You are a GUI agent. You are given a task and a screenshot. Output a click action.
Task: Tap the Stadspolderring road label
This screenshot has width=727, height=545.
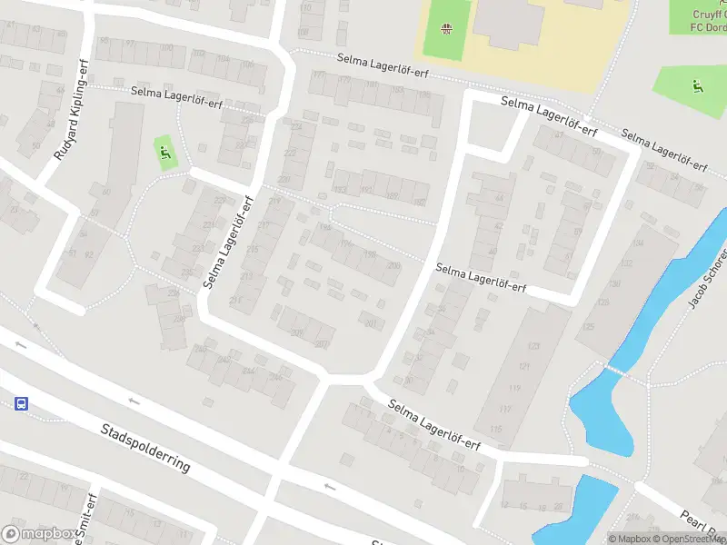pyautogui.click(x=146, y=446)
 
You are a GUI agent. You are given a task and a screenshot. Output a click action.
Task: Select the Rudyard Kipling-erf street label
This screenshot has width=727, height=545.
pyautogui.click(x=74, y=120)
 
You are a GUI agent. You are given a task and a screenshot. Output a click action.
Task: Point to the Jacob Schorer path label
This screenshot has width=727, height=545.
pyautogui.click(x=708, y=276)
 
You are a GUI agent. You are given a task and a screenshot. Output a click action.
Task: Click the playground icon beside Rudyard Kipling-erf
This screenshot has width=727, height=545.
pyautogui.click(x=164, y=153)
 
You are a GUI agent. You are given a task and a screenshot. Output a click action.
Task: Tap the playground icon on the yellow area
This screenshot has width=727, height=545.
pyautogui.click(x=446, y=31)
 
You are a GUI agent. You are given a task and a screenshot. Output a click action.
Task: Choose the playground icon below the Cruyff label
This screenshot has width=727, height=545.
pyautogui.click(x=697, y=87)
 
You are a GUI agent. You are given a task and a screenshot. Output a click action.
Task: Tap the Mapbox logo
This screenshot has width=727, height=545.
pyautogui.click(x=39, y=534)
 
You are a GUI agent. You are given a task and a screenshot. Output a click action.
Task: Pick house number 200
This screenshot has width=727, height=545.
pyautogui.click(x=393, y=265)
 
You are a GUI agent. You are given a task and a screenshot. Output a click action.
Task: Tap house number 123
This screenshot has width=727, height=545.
pyautogui.click(x=533, y=346)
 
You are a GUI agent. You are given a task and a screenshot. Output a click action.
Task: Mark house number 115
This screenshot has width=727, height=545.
pyautogui.click(x=495, y=429)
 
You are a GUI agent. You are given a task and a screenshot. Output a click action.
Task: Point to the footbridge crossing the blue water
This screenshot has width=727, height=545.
pyautogui.click(x=618, y=370)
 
